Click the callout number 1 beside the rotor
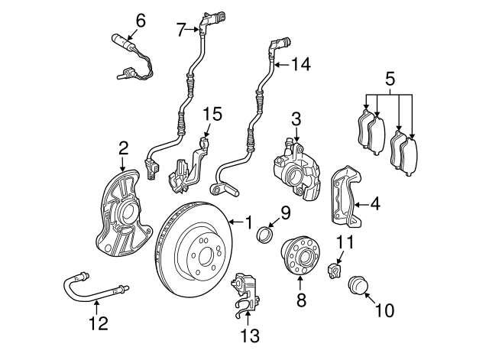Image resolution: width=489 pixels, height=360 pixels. (248, 223)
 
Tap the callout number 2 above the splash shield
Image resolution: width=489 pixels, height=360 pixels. (123, 147)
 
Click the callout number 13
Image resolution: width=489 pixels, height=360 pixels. (251, 336)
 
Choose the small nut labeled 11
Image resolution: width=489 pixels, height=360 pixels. (334, 271)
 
